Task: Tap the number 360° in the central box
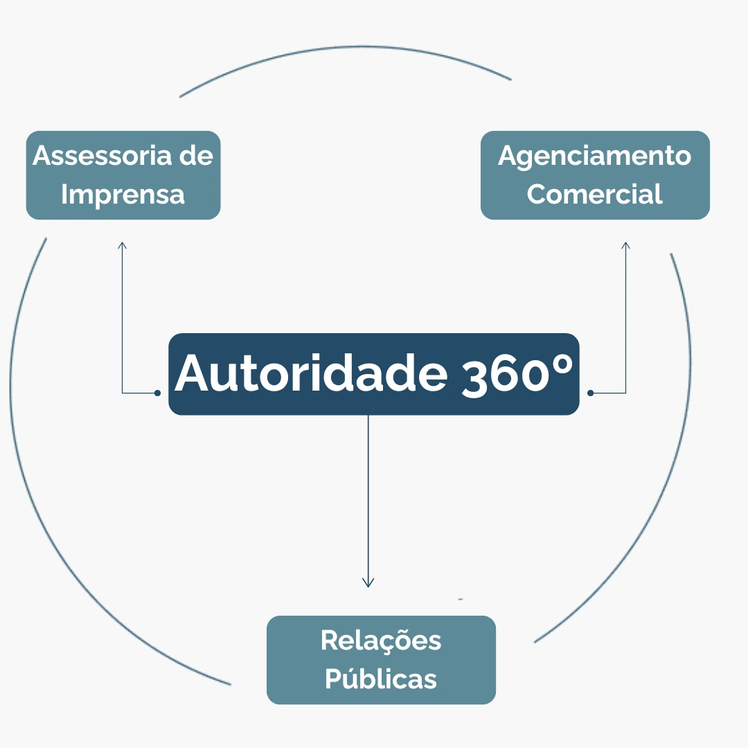pos(517,373)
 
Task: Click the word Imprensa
pos(123,195)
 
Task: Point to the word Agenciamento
pos(594,155)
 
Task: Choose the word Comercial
pos(594,195)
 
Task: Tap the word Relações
pos(381,640)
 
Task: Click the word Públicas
pos(381,679)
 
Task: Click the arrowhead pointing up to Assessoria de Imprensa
pos(123,244)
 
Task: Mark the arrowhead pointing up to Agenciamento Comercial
pos(625,244)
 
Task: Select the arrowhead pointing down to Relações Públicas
pos(368,583)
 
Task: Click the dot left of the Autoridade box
pos(157,393)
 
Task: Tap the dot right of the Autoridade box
pos(591,393)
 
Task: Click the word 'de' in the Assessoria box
pos(196,155)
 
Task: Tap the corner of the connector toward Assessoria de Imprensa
pos(123,393)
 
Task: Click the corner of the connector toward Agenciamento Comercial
pos(625,393)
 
